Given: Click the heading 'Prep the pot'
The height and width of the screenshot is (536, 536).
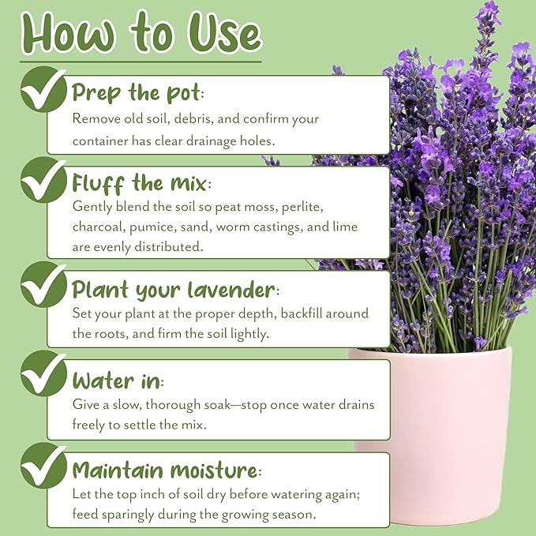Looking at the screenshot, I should pyautogui.click(x=137, y=92).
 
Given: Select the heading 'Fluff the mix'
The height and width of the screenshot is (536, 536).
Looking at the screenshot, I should pyautogui.click(x=140, y=183).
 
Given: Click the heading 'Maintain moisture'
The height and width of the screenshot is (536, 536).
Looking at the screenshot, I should pyautogui.click(x=166, y=471).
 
